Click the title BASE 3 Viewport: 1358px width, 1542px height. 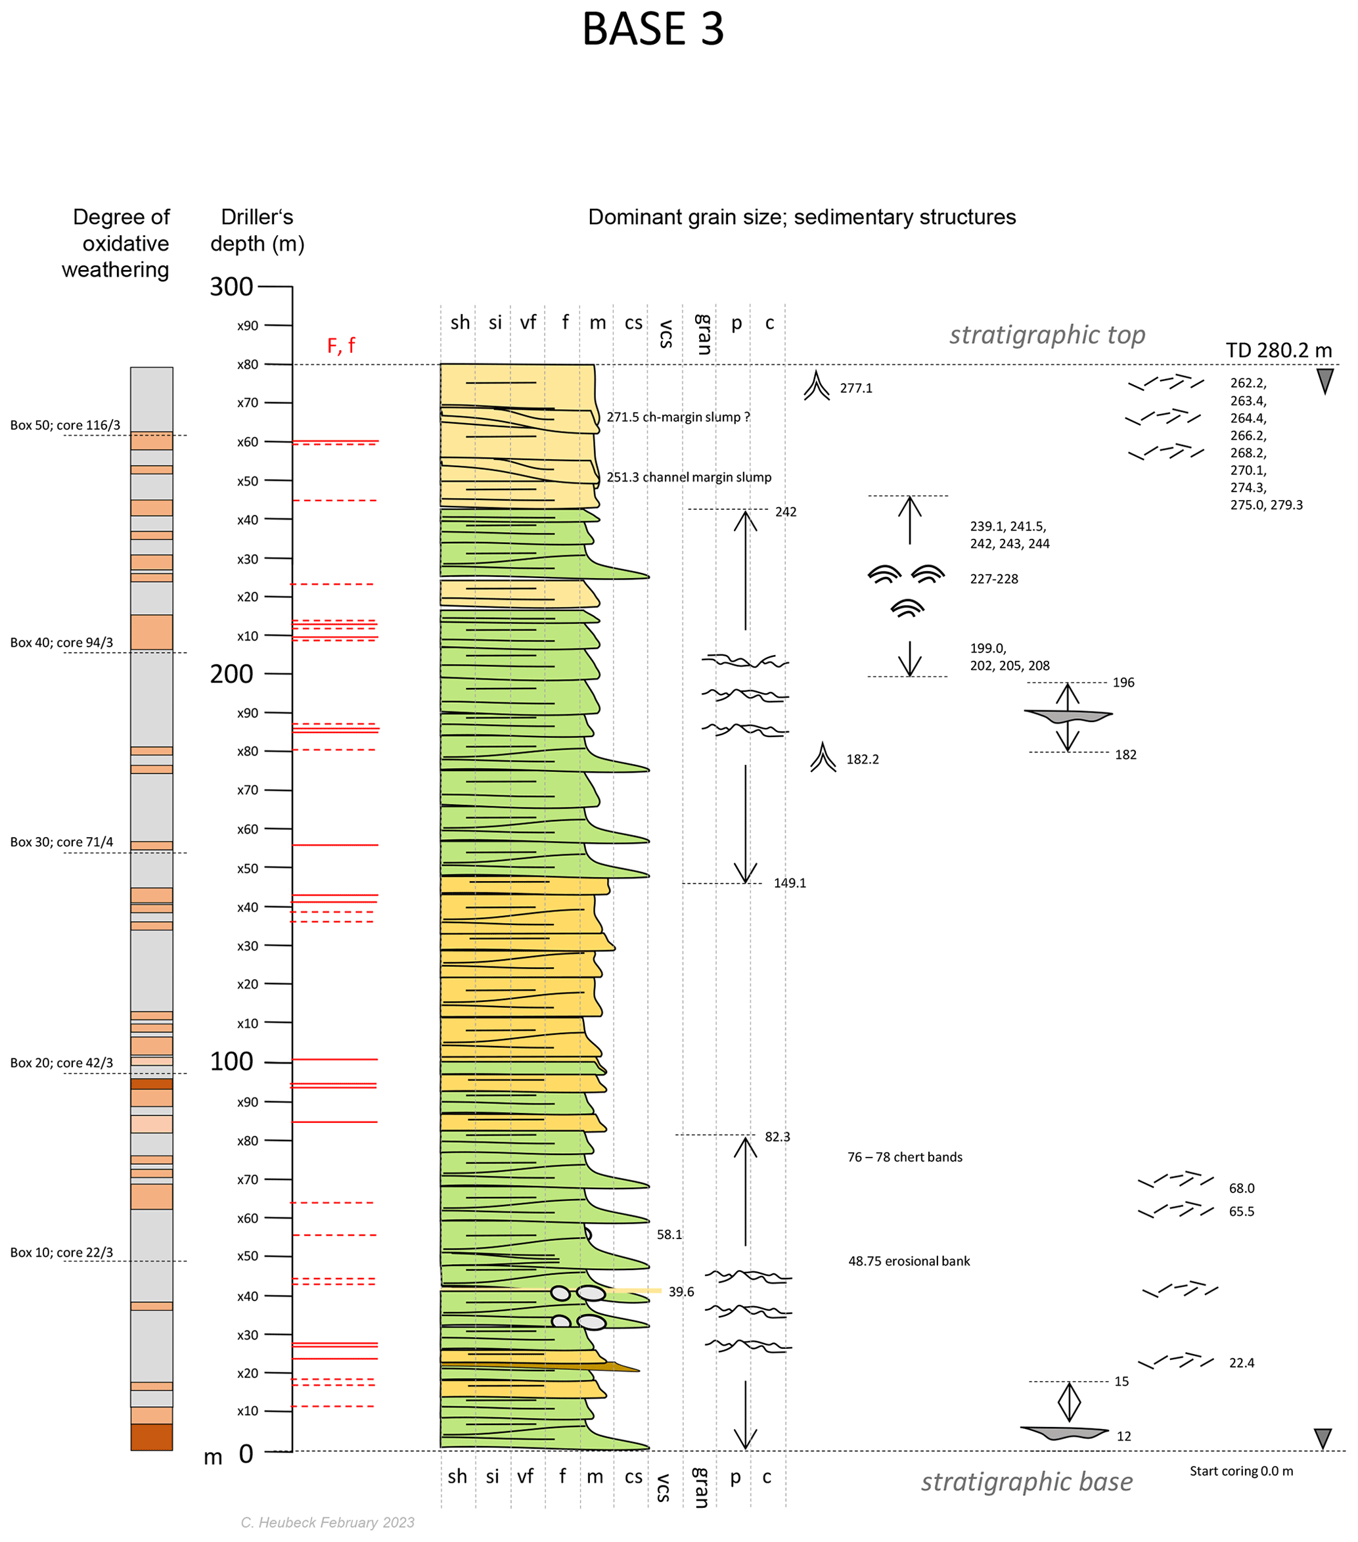coord(652,30)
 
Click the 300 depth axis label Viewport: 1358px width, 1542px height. coord(232,286)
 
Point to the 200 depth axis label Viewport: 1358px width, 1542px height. coord(232,673)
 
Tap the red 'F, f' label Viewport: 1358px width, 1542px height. coord(341,346)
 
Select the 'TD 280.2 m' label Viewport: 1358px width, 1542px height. coord(1279,350)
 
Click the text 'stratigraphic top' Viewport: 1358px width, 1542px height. coord(1047,334)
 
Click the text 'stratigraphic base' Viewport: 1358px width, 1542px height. coord(1027,1482)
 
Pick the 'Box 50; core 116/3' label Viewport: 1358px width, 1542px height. coord(65,426)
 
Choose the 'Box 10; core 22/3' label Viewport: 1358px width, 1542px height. coord(62,1252)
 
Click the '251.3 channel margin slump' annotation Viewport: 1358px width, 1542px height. coord(689,478)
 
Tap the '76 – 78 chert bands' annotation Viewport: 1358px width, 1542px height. coord(905,1157)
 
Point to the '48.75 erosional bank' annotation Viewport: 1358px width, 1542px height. coord(909,1261)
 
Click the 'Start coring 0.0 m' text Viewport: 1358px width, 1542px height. coord(1241,1471)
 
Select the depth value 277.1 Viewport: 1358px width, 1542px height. coord(856,388)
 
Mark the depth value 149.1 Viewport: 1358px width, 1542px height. coord(790,884)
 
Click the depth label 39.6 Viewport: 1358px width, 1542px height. coord(681,1292)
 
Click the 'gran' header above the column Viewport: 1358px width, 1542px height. coord(702,334)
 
